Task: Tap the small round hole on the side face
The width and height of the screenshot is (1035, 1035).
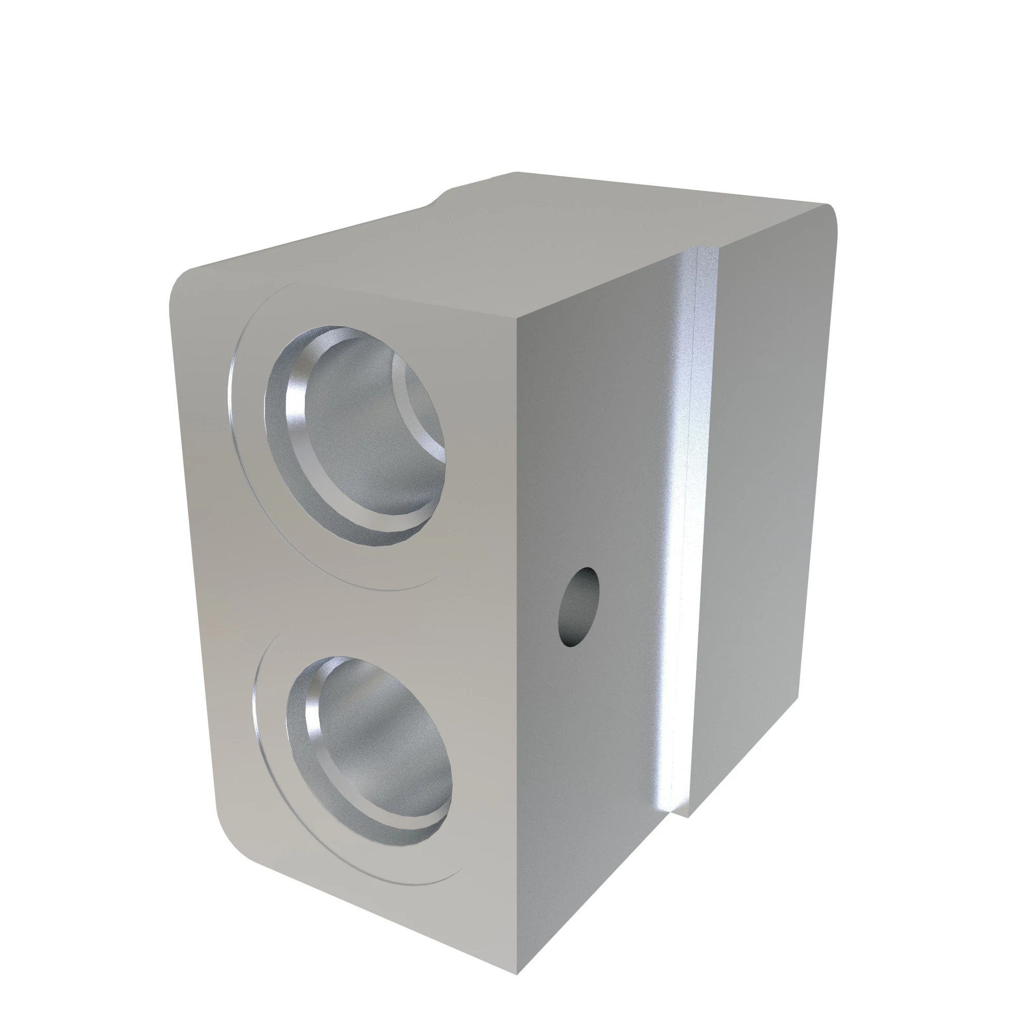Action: click(579, 607)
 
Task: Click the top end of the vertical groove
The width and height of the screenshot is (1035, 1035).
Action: click(697, 252)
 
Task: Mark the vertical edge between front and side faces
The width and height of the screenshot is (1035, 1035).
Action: click(517, 643)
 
